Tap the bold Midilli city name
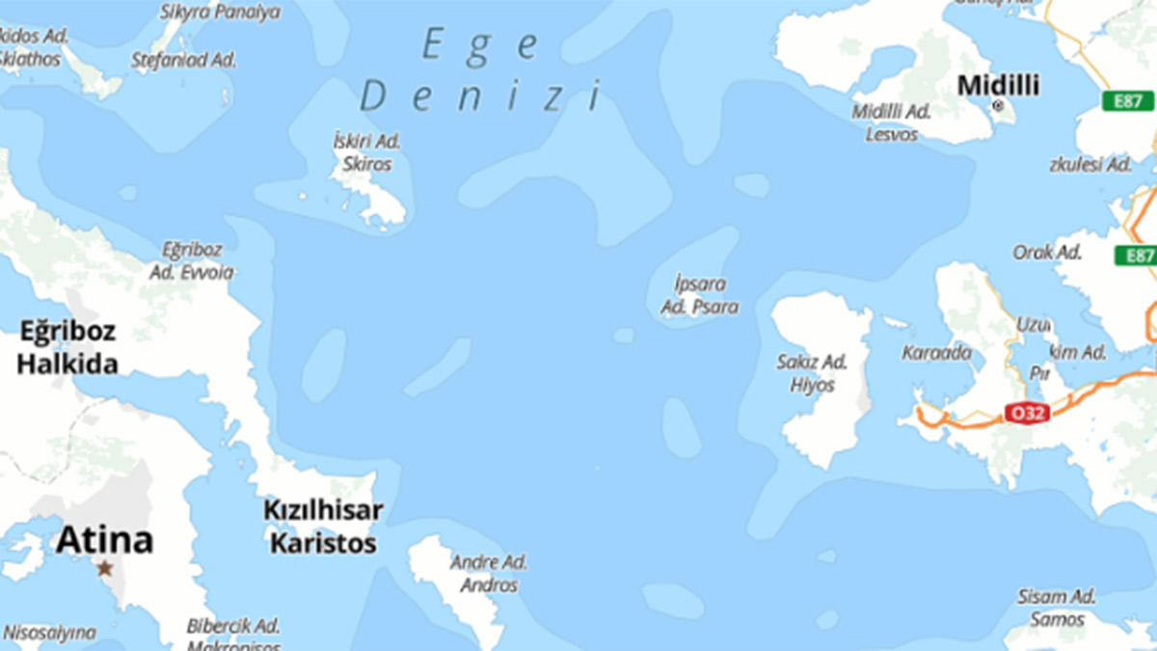[x=998, y=86]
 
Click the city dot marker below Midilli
[x=998, y=105]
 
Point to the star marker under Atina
[x=104, y=568]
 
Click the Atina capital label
[x=104, y=540]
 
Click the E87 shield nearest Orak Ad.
[x=1135, y=256]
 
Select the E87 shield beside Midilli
[x=1127, y=101]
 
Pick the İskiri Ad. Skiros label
[x=367, y=152]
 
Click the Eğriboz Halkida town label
[x=67, y=348]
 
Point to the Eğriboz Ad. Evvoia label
[x=191, y=260]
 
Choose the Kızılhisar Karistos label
[x=323, y=527]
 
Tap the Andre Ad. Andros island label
[x=489, y=573]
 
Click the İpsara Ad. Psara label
[x=700, y=296]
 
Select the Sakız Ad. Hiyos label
[x=812, y=373]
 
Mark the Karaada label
[x=936, y=353]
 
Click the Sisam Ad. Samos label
[x=1057, y=608]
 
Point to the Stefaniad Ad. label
[x=183, y=59]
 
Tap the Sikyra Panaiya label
[x=220, y=13]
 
